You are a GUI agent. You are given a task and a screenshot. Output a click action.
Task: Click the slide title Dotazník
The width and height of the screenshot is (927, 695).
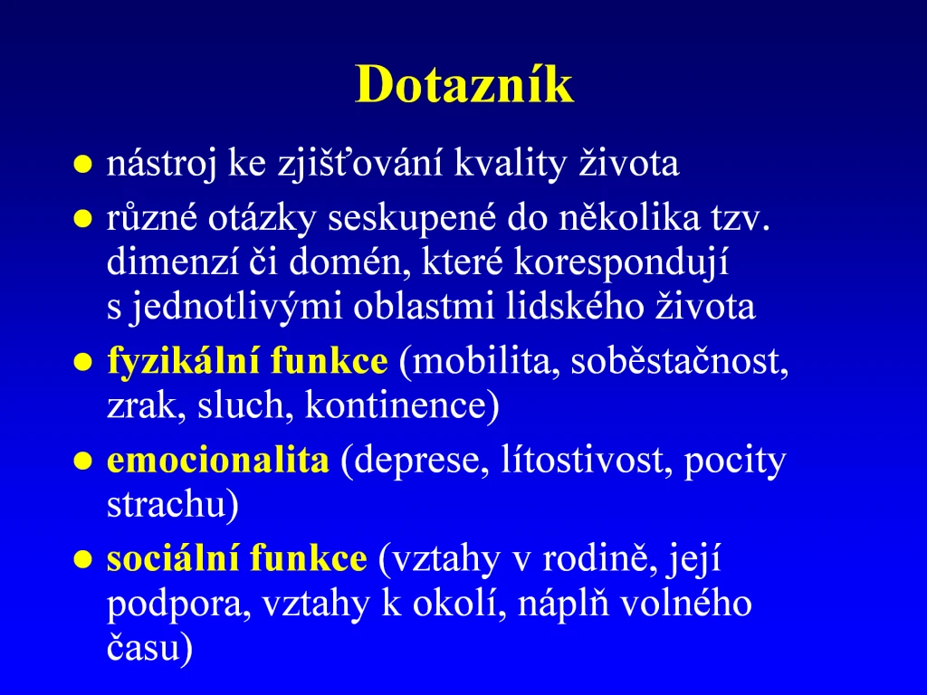point(464,84)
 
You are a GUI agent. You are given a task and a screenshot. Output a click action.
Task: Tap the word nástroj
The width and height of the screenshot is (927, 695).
point(161,164)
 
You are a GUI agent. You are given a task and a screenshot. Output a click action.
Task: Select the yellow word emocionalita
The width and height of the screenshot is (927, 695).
point(218,461)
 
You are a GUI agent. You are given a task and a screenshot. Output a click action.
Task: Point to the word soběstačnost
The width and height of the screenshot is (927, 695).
point(679,361)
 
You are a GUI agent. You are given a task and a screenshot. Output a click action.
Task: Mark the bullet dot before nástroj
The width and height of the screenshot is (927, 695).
point(82,165)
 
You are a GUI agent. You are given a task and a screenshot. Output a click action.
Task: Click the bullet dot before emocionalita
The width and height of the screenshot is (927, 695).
point(82,461)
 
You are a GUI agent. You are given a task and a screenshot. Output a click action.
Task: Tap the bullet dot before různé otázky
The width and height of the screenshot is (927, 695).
point(82,219)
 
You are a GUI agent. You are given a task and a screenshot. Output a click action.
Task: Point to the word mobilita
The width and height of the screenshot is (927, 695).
point(479,361)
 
